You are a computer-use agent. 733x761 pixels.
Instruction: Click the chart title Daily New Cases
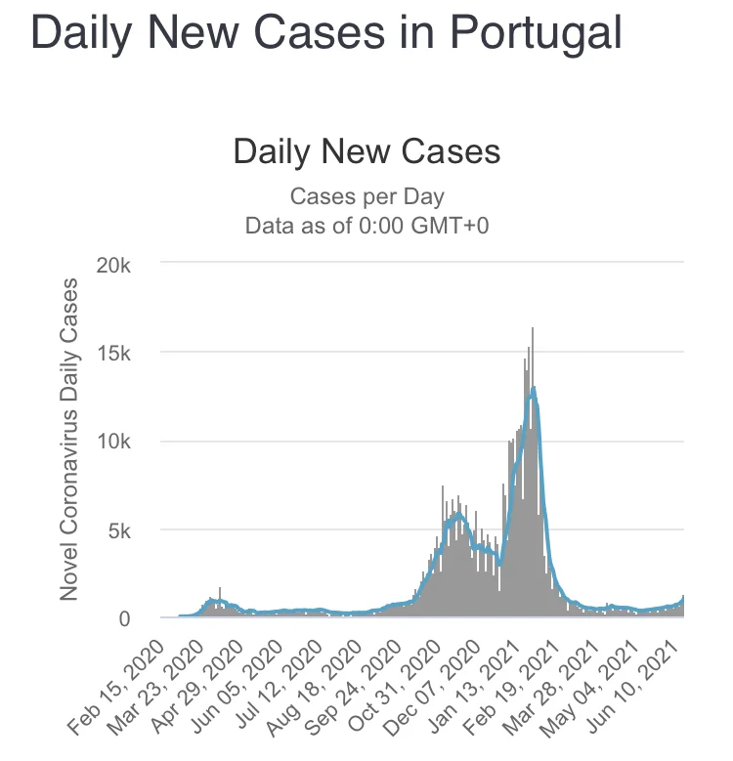coord(366,152)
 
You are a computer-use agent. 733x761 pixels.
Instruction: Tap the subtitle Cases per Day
coord(366,197)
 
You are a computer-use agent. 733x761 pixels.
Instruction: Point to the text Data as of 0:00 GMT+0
coord(366,225)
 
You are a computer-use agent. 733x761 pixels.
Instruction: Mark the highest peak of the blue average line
coord(534,388)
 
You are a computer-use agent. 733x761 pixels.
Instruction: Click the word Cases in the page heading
coord(319,33)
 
